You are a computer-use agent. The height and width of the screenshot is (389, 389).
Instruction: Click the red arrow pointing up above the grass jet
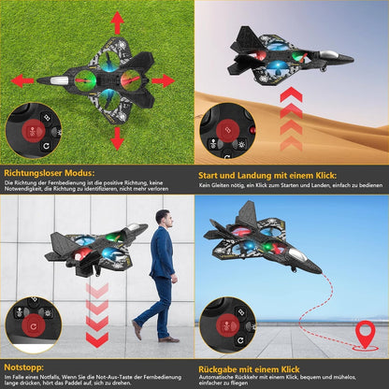tap(117, 22)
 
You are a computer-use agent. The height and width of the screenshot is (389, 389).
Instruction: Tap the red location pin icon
tap(365, 332)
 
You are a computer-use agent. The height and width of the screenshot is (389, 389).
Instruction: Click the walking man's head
tap(165, 218)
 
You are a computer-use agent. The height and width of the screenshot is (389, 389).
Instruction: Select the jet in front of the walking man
tap(94, 249)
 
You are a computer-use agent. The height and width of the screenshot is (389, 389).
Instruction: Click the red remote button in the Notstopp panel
tap(34, 324)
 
